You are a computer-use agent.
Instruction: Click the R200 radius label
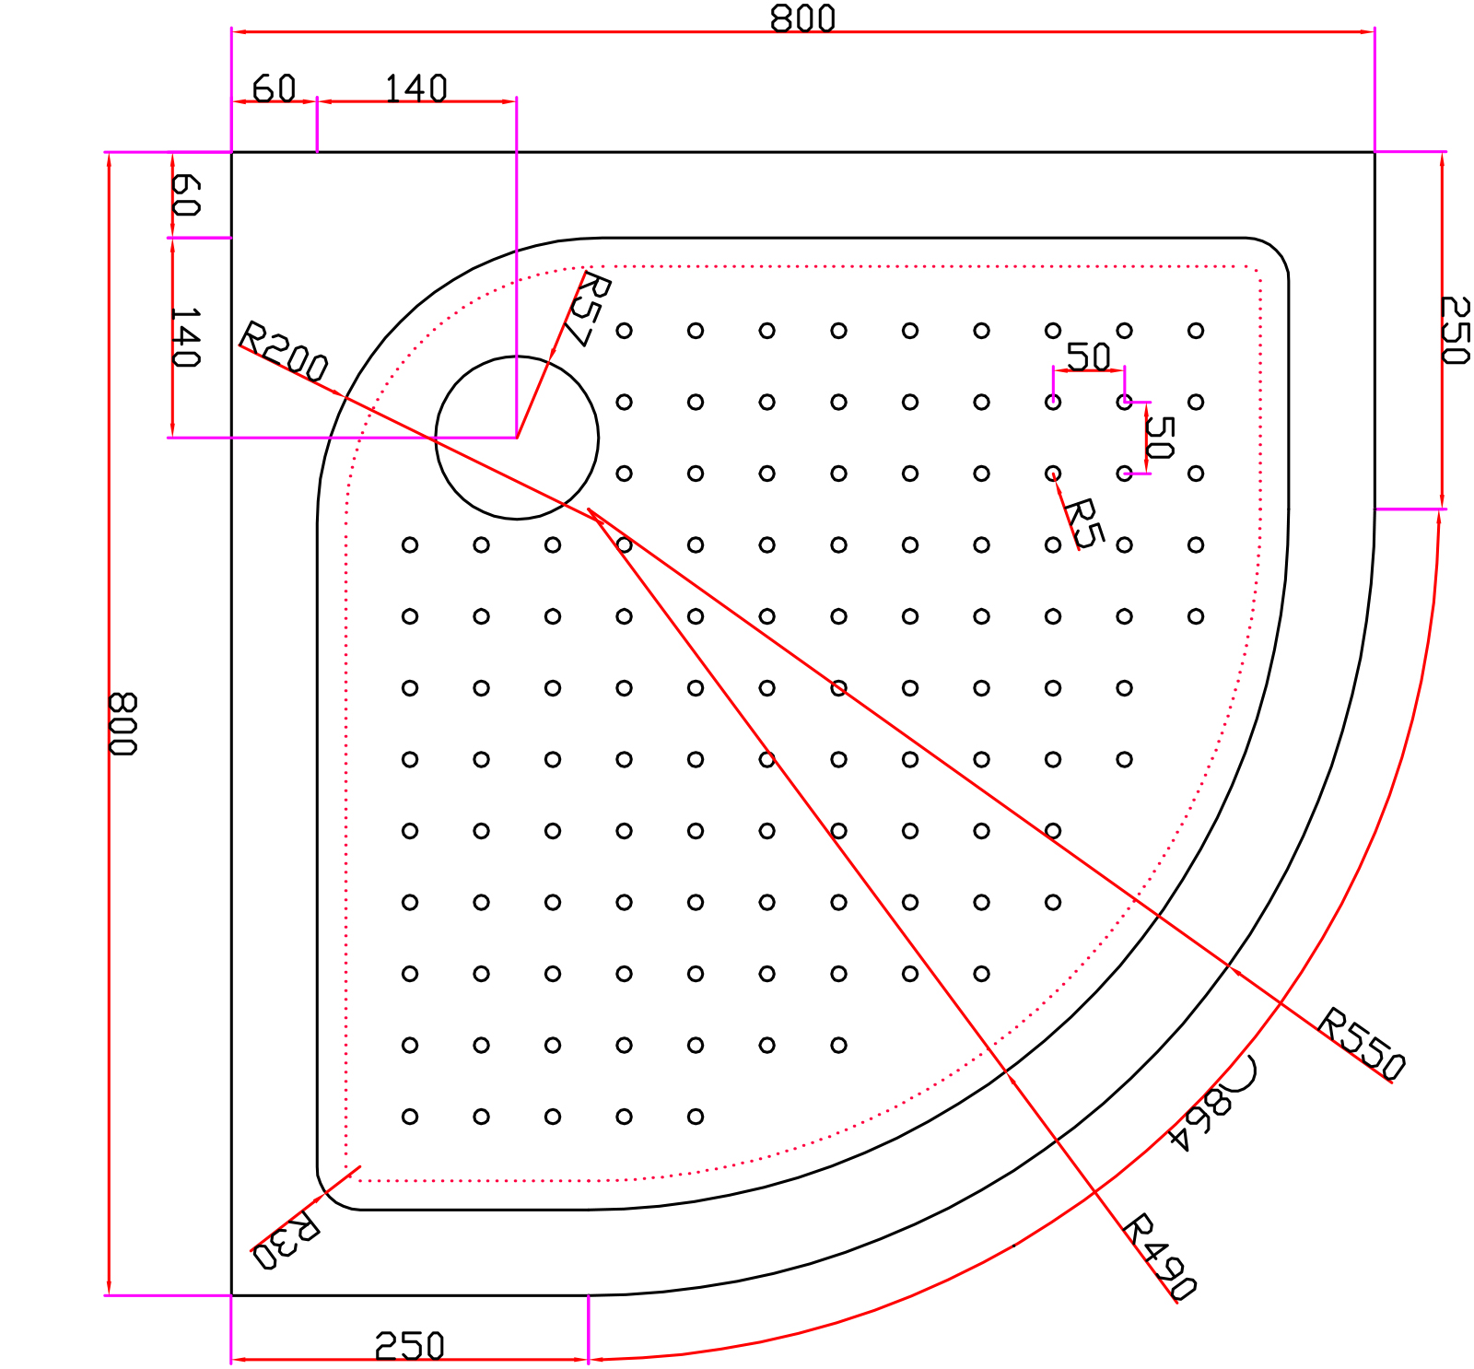[284, 351]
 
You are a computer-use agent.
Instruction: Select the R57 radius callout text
[590, 310]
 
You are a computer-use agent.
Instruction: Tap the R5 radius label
[1083, 523]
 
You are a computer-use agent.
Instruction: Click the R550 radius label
[1362, 1044]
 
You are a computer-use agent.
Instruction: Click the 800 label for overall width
[802, 18]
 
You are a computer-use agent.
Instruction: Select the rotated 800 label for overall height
[123, 723]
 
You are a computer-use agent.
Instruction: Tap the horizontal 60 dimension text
[274, 88]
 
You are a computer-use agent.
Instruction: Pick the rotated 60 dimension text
[185, 195]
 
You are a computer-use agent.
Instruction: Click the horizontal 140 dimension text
[415, 88]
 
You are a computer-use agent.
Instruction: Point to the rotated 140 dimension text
[185, 338]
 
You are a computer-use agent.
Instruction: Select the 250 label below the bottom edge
[409, 1347]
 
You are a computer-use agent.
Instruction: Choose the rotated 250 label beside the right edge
[1455, 330]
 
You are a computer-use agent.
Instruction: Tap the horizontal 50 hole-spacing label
[1088, 356]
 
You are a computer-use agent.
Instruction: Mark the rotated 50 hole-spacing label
[1160, 438]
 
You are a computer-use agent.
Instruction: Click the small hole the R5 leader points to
[1053, 474]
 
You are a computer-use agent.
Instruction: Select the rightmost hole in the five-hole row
[696, 1117]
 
